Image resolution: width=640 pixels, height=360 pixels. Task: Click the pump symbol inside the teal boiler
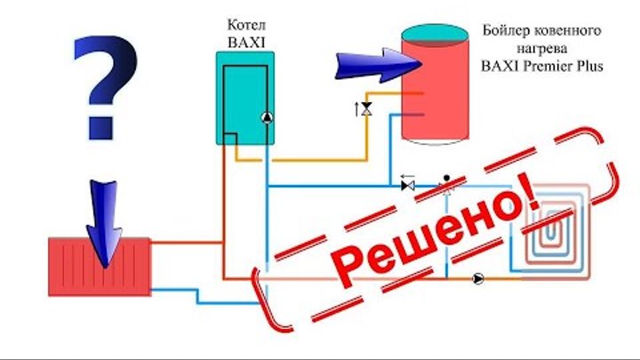pyautogui.click(x=265, y=116)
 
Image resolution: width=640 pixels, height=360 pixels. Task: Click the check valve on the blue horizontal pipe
pyautogui.click(x=408, y=186)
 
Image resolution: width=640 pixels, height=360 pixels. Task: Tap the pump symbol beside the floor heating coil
pyautogui.click(x=479, y=278)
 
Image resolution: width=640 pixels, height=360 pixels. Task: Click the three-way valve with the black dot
pyautogui.click(x=447, y=185)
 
